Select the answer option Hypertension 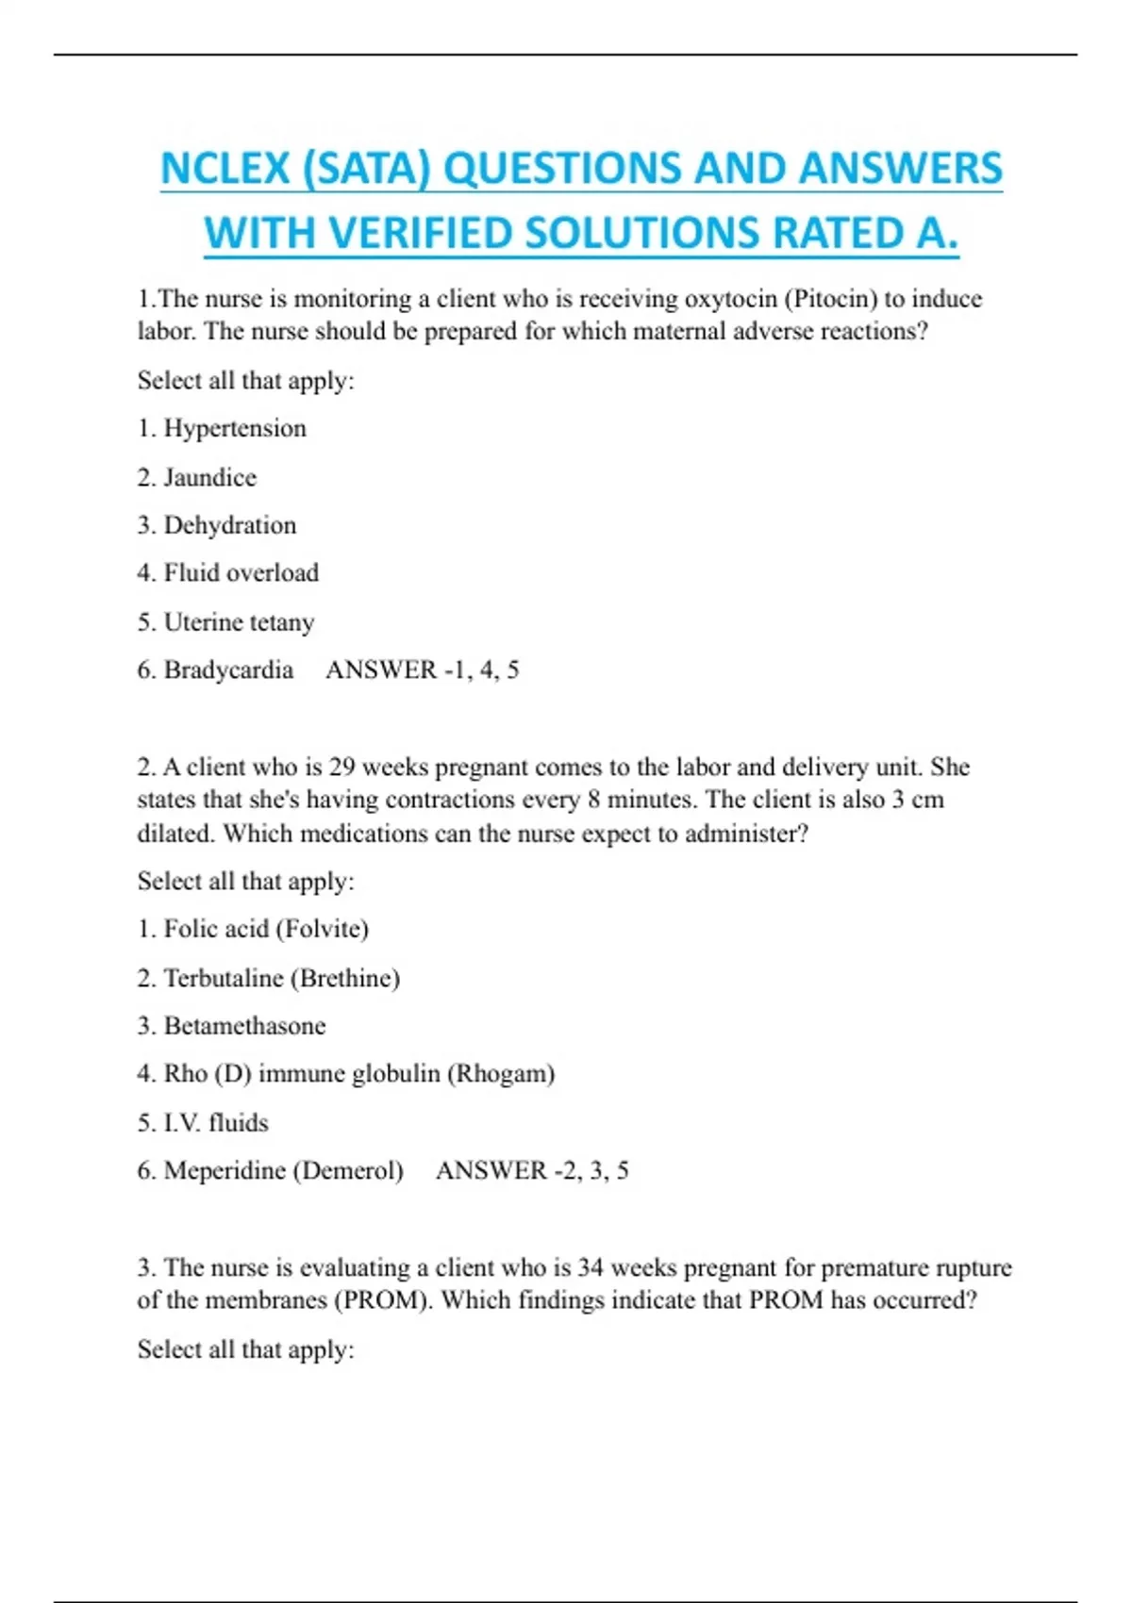click(x=235, y=429)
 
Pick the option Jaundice click(x=209, y=478)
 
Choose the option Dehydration click(x=229, y=526)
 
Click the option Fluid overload click(x=241, y=573)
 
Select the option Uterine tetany click(x=239, y=622)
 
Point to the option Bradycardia click(x=228, y=670)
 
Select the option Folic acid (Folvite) click(x=265, y=930)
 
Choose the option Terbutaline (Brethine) click(x=281, y=979)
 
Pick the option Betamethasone click(x=244, y=1026)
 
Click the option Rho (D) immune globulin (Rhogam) click(x=358, y=1074)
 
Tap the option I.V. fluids click(x=215, y=1123)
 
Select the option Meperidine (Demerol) click(x=283, y=1171)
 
